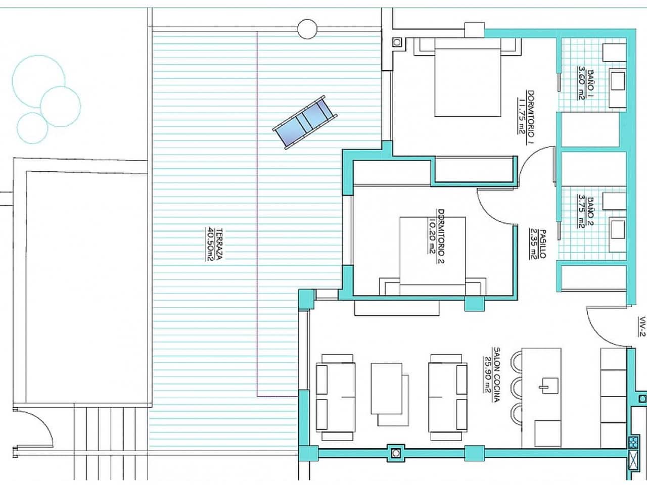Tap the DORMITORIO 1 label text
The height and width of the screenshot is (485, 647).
click(526, 117)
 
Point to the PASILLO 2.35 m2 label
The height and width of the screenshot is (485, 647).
click(538, 244)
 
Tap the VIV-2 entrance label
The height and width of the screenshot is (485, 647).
click(641, 326)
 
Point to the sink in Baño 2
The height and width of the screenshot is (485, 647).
click(617, 228)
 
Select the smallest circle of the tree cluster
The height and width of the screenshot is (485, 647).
click(32, 127)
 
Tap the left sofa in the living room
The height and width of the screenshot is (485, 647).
click(335, 397)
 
